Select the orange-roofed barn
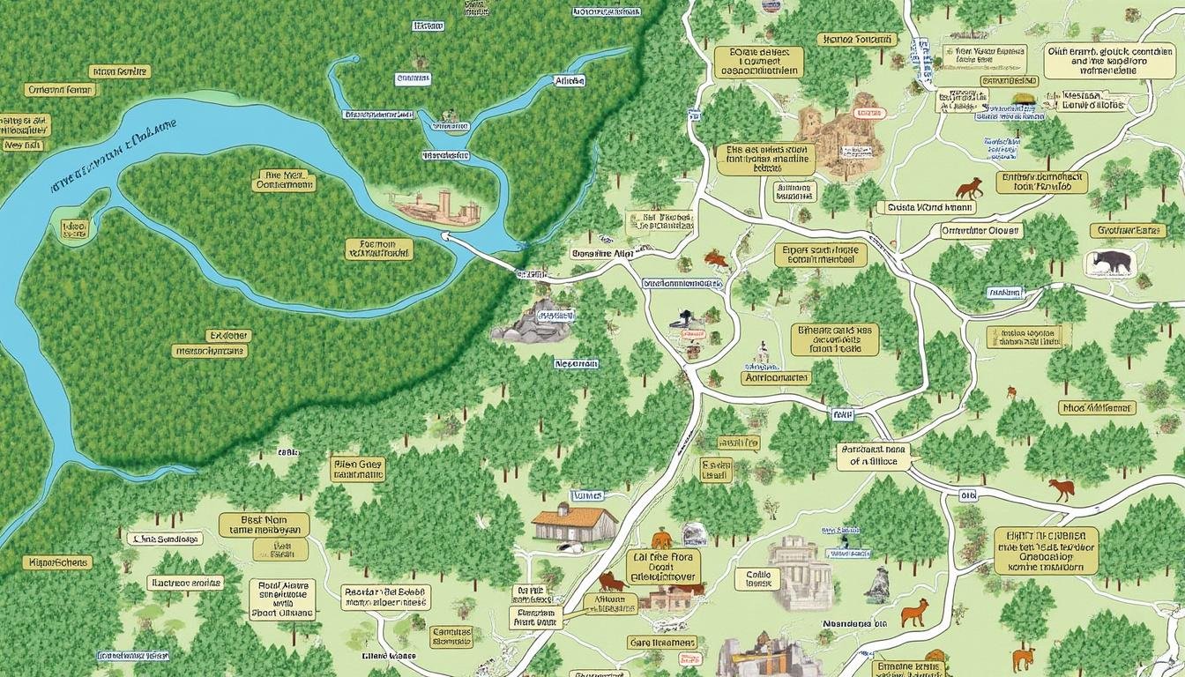point(575,523)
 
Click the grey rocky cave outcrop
point(532,322)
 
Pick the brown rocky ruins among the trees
point(842,135)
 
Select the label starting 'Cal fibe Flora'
point(663,567)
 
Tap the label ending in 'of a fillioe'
point(873,455)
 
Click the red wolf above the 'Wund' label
point(969,189)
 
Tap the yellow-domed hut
point(1023,100)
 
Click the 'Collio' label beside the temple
point(757,578)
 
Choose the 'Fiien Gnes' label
point(358,468)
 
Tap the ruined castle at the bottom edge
point(758,657)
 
